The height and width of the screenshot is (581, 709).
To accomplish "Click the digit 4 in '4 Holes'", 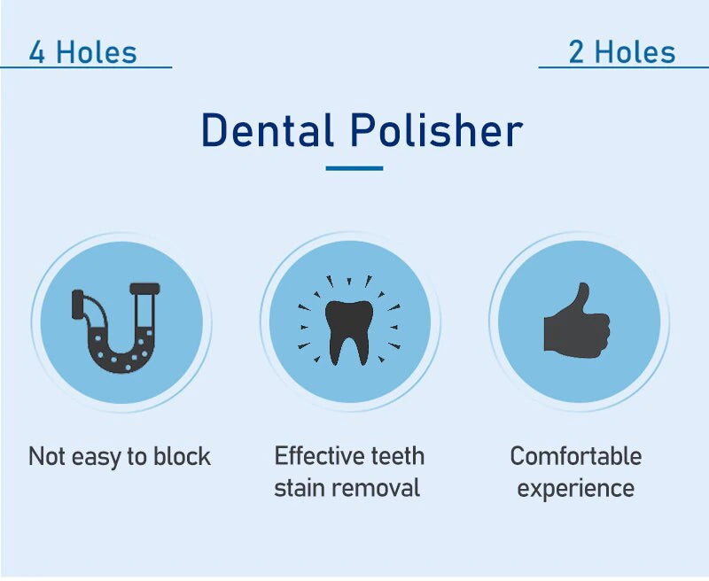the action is [37, 52].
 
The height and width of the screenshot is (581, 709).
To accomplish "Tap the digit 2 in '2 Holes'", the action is [576, 52].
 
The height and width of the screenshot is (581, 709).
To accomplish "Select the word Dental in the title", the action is [268, 130].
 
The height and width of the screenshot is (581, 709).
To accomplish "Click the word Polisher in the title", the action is [437, 130].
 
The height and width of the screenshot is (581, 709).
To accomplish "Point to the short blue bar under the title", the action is [354, 168].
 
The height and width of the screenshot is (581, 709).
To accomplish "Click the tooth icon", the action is [349, 332].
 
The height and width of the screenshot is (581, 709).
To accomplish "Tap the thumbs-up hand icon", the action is [577, 321].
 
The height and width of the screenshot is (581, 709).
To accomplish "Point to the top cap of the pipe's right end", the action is [144, 288].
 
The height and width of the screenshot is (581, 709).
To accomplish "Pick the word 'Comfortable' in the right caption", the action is [576, 456].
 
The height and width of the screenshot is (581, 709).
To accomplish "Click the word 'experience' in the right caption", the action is [575, 490].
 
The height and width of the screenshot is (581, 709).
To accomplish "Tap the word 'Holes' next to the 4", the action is [96, 52].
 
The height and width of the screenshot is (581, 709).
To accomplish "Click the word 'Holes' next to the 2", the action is [635, 52].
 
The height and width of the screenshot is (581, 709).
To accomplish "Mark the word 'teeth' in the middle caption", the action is [398, 456].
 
